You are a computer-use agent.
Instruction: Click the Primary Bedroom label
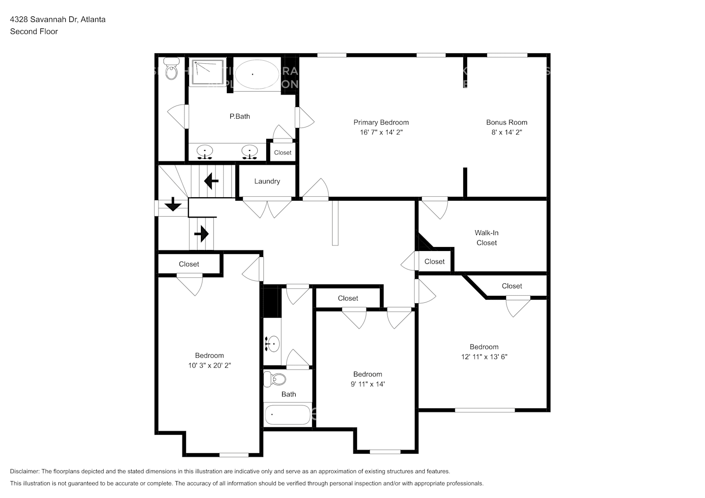[381, 123]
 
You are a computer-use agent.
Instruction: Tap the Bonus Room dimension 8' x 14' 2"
[507, 132]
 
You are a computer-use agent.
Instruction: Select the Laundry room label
[267, 181]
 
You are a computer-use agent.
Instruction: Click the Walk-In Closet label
[487, 238]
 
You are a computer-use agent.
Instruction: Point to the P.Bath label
[240, 117]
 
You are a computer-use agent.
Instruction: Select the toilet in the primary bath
[172, 70]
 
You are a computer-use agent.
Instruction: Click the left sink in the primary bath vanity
[204, 151]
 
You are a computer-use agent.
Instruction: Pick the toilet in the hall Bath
[276, 379]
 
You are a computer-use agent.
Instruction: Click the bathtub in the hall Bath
[288, 414]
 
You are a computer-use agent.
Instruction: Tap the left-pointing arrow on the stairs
[211, 181]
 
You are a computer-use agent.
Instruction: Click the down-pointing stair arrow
[173, 204]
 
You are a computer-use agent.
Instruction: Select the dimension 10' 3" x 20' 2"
[209, 366]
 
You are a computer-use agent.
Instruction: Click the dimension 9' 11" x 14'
[367, 384]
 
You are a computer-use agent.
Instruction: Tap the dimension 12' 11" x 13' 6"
[484, 357]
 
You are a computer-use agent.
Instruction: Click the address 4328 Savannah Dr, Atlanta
[58, 19]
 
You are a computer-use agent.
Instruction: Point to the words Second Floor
[34, 31]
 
